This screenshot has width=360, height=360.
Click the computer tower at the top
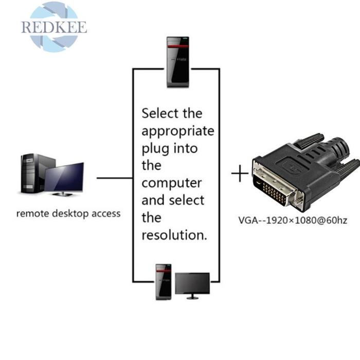176,62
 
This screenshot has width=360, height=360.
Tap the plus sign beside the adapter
240,175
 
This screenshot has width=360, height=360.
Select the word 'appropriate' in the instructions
177,131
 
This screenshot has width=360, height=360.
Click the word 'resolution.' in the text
174,235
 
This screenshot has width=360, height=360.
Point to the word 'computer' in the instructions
172,183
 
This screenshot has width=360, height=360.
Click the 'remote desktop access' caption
68,213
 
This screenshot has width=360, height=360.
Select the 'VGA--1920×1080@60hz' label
293,221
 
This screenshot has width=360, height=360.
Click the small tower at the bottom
164,282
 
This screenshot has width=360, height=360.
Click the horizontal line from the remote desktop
114,178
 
